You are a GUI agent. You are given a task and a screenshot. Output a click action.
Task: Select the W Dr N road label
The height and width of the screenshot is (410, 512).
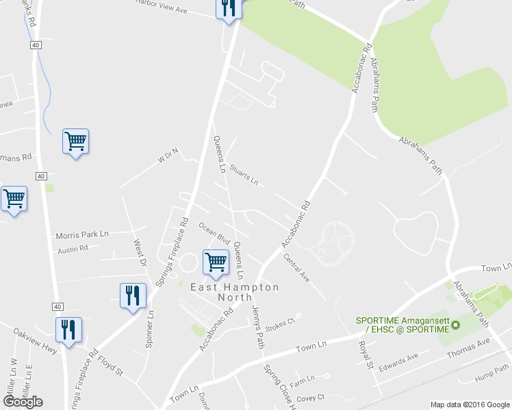point(168,156)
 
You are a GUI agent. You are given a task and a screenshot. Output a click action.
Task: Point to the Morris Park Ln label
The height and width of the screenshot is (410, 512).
point(83,234)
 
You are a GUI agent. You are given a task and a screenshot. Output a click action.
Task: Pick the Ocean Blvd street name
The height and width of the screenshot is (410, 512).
point(214,232)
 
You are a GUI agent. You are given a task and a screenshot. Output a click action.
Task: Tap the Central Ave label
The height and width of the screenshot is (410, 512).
point(296,268)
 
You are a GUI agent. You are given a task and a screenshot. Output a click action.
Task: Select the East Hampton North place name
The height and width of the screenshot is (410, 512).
point(235,292)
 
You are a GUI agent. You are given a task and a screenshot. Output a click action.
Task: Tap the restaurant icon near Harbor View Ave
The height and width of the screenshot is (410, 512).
point(228,8)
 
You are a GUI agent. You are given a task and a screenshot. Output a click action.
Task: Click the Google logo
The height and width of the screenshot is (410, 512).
point(23,402)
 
